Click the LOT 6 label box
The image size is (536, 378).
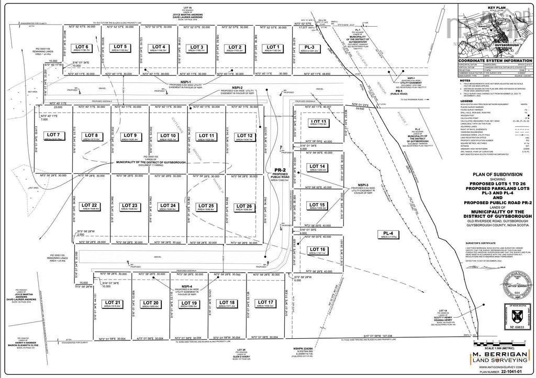[82, 49]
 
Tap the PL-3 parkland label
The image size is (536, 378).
[309, 49]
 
